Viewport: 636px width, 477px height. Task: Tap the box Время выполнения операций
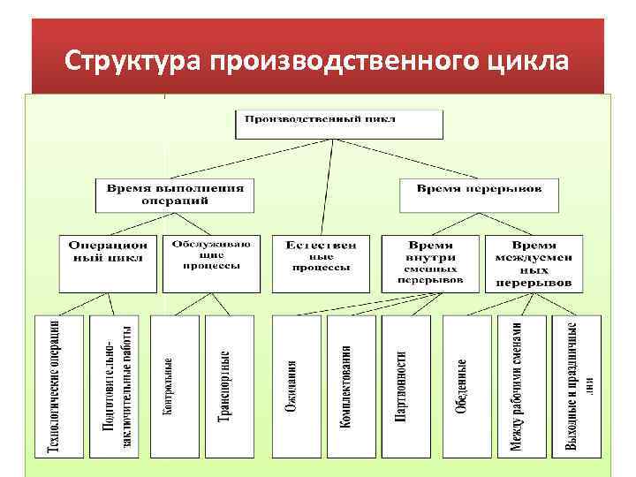point(170,194)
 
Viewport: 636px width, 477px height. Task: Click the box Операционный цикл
point(109,262)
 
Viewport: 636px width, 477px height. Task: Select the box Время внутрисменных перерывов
point(431,262)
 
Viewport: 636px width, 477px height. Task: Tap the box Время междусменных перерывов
point(534,262)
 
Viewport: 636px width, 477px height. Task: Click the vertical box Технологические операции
point(58,386)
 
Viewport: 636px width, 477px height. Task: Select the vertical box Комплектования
point(349,386)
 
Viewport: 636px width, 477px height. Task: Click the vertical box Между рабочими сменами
point(521,386)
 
